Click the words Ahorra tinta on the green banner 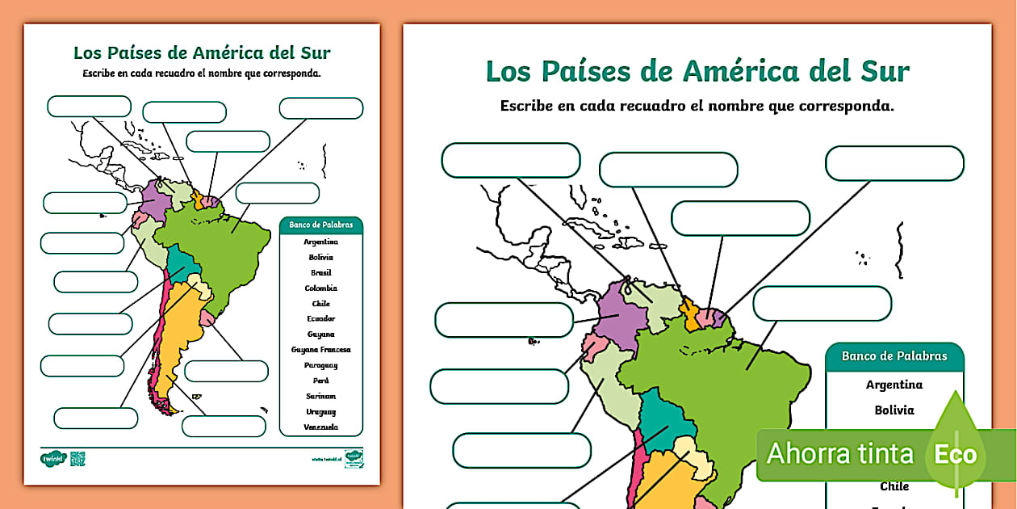pos(839,454)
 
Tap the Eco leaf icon pos(956,452)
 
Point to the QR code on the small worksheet pos(77,459)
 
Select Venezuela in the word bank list pos(321,427)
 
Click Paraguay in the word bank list pos(321,365)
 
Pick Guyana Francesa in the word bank pos(321,350)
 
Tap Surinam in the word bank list pos(321,396)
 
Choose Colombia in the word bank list pos(321,288)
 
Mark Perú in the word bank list pos(321,381)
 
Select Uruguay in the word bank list pos(321,412)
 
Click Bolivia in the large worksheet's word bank pos(894,410)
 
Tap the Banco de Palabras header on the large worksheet pos(894,356)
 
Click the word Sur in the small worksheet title pos(316,53)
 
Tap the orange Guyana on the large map pos(688,309)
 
